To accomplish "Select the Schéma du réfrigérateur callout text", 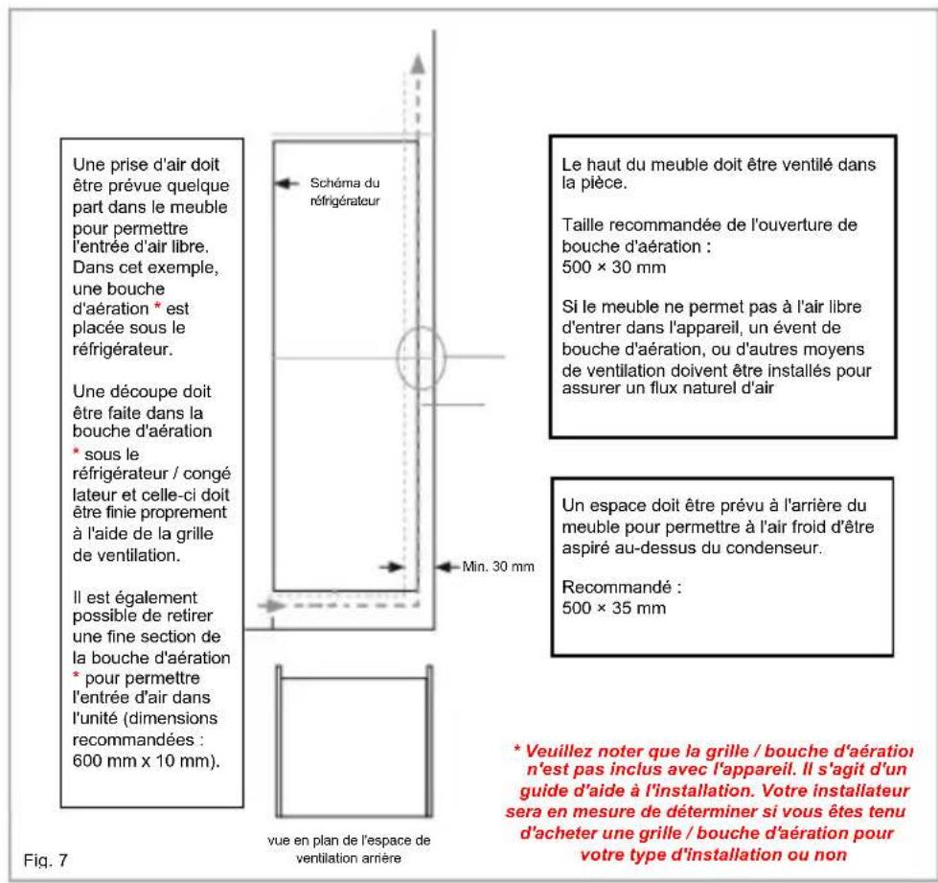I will click(x=346, y=189).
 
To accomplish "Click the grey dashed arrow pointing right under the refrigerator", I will click(x=275, y=607).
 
